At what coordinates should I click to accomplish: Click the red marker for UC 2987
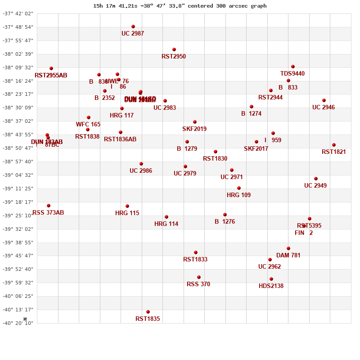tap(133, 27)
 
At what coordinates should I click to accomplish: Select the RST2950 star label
tap(174, 57)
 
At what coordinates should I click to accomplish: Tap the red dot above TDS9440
tap(293, 67)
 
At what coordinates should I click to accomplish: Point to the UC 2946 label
tap(324, 108)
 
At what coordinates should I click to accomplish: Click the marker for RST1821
tap(334, 145)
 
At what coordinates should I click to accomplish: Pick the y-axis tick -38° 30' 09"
tap(18, 108)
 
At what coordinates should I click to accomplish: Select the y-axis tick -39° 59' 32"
tap(18, 283)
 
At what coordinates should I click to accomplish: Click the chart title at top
tap(180, 6)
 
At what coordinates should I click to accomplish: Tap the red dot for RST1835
tap(148, 312)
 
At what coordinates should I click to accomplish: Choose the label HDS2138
tap(271, 286)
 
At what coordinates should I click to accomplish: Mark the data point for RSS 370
tap(199, 277)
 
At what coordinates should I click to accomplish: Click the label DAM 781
tap(288, 256)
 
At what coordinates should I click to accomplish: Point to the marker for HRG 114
tap(166, 217)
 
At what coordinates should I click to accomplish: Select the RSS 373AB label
tap(48, 213)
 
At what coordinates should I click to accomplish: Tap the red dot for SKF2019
tap(195, 122)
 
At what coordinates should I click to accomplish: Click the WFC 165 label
tap(88, 125)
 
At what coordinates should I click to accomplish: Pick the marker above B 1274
tap(252, 107)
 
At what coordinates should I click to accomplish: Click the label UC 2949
tap(315, 186)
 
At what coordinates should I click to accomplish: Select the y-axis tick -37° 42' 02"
tap(18, 13)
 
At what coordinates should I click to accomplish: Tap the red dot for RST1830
tap(216, 152)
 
